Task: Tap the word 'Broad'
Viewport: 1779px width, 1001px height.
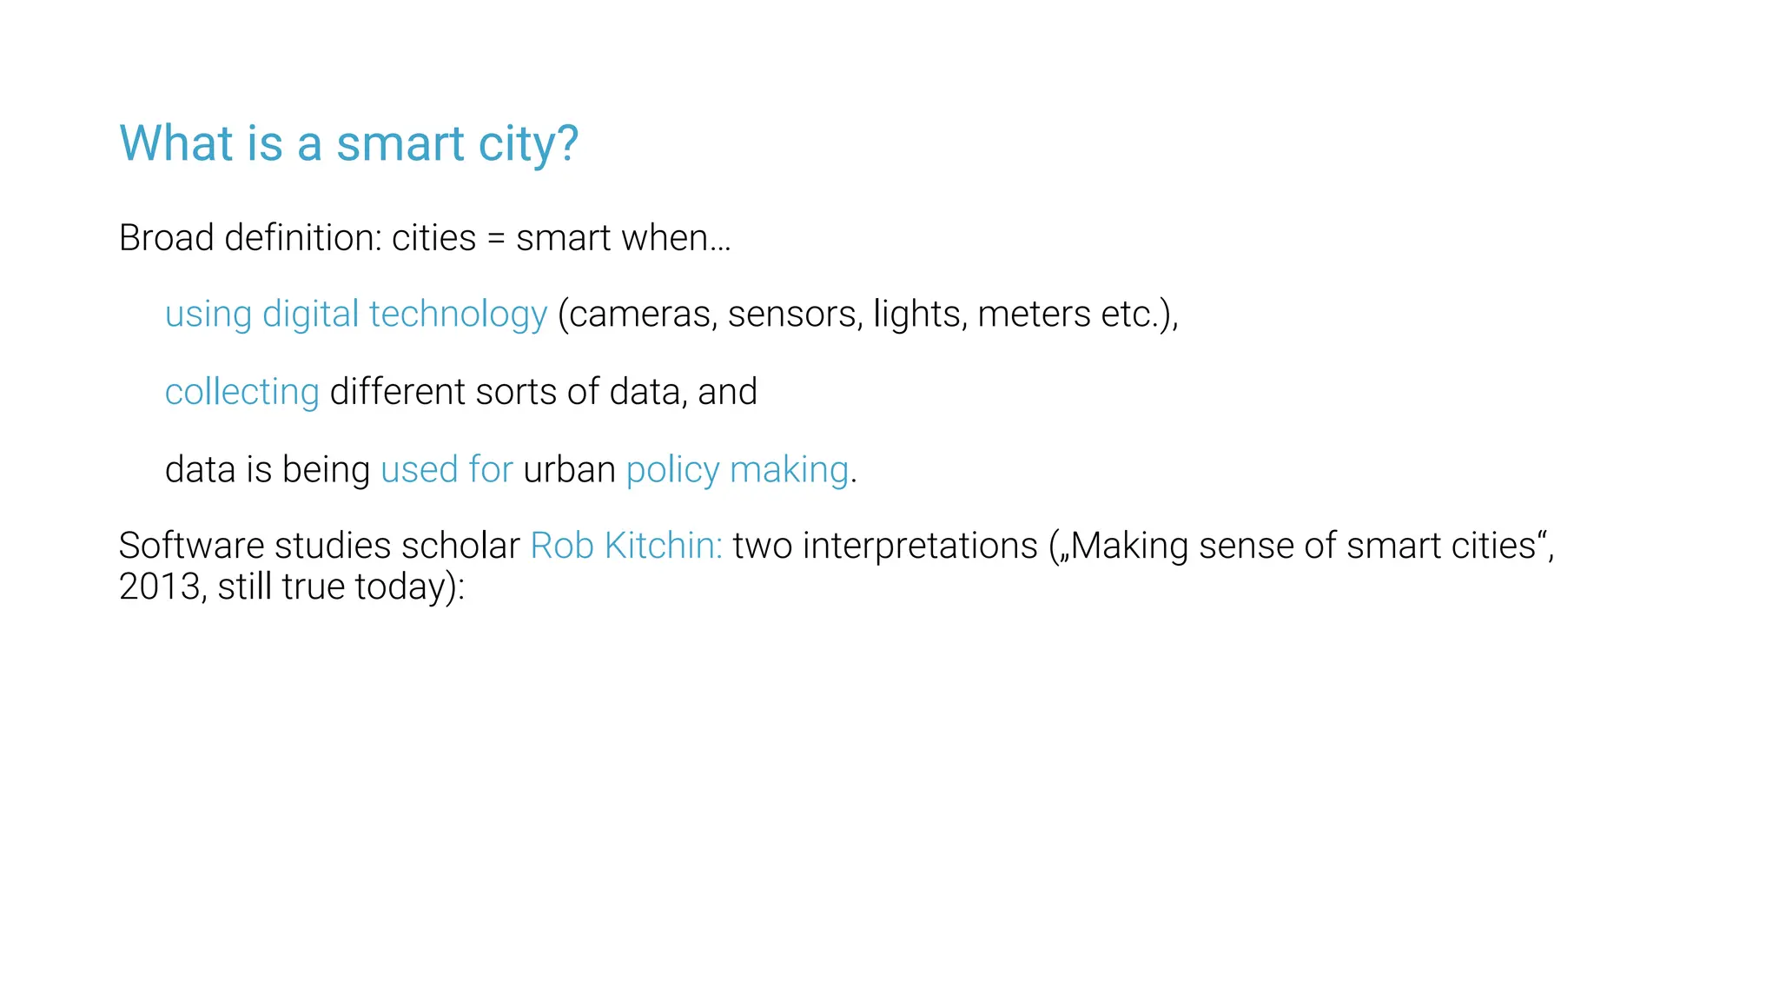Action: pos(166,238)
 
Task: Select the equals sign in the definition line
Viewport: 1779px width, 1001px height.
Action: pos(496,239)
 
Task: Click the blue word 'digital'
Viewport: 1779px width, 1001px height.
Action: pos(310,315)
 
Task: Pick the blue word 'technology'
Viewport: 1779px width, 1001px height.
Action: pos(458,315)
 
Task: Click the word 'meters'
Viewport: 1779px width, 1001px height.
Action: pos(1033,315)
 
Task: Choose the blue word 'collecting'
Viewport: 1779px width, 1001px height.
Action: pos(241,393)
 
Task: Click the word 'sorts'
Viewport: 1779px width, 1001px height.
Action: pos(516,392)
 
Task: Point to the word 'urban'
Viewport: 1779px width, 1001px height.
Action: pos(569,470)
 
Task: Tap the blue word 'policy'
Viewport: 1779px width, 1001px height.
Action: pos(672,471)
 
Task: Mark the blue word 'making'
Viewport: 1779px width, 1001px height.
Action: pos(789,471)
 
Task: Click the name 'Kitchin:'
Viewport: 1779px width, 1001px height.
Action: pos(663,546)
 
